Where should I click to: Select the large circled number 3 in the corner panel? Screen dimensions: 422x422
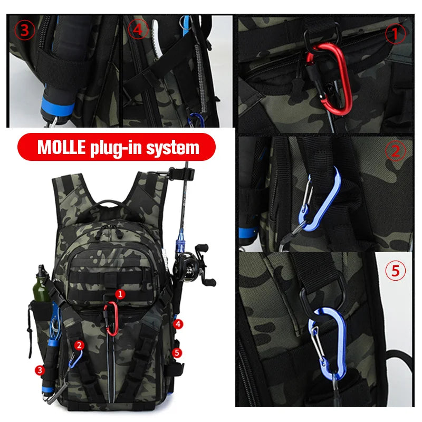pos(24,30)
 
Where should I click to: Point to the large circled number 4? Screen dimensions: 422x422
pos(138,30)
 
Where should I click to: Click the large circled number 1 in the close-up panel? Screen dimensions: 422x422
pos(396,34)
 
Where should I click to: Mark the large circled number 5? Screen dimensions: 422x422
pos(396,271)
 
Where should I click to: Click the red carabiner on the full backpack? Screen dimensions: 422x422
pos(111,319)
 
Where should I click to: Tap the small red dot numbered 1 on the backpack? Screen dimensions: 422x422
pos(120,294)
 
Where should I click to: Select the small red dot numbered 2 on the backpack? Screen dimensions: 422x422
pos(79,345)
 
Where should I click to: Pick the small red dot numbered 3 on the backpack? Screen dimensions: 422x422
pos(40,370)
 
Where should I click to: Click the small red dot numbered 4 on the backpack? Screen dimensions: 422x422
pos(179,323)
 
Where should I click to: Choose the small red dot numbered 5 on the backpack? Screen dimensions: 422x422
pos(177,352)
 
